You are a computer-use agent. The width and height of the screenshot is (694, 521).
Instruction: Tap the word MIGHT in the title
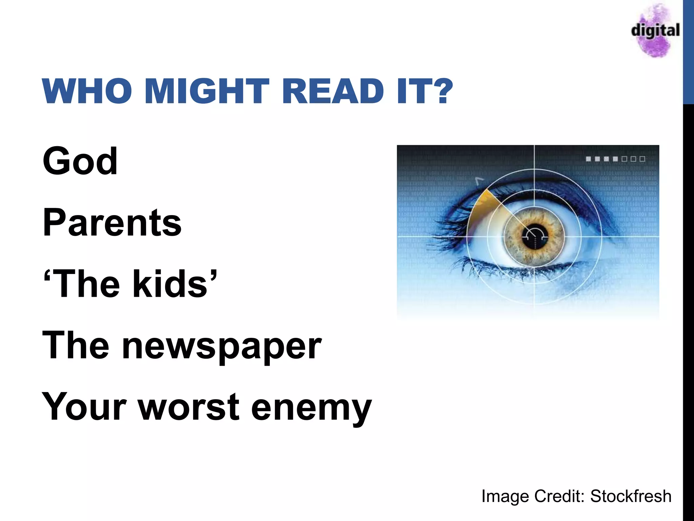point(207,91)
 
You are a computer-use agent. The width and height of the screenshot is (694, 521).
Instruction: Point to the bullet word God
point(80,161)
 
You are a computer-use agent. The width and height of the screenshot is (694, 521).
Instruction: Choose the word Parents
point(112,223)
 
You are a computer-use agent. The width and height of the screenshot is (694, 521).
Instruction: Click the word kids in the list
point(169,284)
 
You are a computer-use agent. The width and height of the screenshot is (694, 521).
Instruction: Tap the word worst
point(189,407)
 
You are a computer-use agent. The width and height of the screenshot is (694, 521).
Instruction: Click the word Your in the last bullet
point(84,407)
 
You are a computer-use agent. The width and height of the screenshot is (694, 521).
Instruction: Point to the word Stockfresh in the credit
point(631,496)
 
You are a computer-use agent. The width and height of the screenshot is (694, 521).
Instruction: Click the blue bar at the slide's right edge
point(688,51)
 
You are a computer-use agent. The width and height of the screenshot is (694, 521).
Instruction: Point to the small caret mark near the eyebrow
point(479,181)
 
